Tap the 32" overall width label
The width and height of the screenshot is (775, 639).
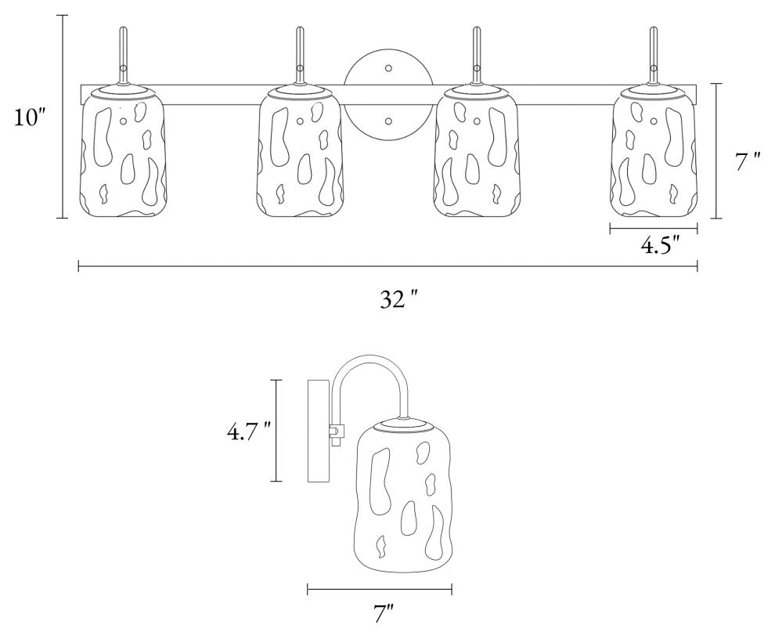(x=399, y=299)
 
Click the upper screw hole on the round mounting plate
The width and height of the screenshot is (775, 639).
(x=388, y=67)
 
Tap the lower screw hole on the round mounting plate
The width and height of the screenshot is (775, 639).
(x=388, y=121)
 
